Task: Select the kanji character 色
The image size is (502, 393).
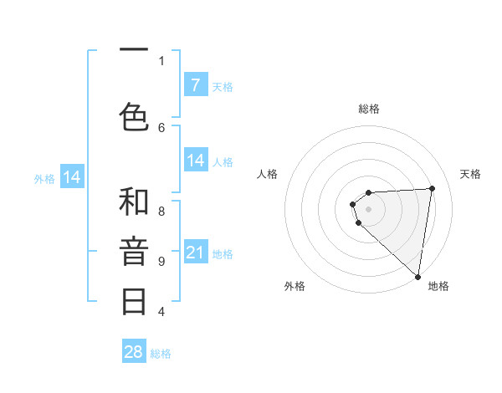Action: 134,116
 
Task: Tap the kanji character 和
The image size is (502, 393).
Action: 134,202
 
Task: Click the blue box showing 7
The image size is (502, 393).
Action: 195,85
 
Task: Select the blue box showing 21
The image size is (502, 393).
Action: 195,253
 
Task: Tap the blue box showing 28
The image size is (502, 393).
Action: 134,352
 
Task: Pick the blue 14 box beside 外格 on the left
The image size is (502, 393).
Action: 72,177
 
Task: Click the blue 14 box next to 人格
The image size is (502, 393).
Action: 195,161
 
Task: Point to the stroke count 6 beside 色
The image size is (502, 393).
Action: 161,127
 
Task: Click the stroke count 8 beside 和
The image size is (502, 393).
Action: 161,212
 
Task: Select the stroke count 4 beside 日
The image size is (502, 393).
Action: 161,312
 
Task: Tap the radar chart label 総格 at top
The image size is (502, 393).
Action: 369,109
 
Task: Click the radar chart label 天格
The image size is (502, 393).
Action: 471,174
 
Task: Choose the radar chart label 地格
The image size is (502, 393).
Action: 438,287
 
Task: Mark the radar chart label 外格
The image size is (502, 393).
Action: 295,287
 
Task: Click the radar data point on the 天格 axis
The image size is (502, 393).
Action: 432,188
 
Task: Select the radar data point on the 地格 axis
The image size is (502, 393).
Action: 418,276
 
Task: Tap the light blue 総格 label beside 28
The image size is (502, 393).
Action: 161,354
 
